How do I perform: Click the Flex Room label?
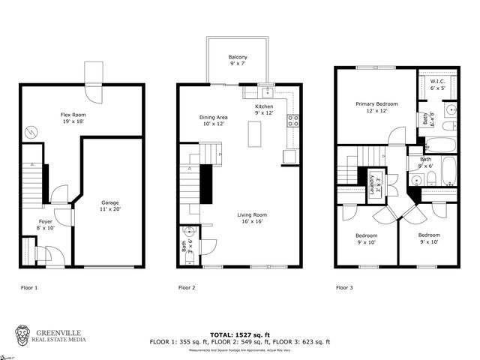[74, 115]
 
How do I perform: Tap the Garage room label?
[110, 202]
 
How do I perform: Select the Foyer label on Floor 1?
[46, 221]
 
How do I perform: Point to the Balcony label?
[238, 57]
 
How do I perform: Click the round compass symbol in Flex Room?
[30, 132]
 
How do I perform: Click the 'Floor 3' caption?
[344, 287]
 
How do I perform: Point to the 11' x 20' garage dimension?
[110, 211]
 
